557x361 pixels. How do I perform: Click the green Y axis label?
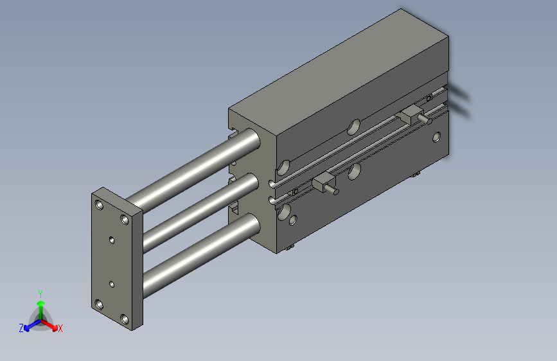(x=40, y=294)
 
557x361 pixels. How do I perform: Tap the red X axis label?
(x=60, y=329)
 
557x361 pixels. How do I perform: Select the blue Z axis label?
(x=21, y=328)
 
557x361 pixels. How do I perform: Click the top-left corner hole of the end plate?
(x=99, y=205)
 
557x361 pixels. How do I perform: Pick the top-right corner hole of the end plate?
(x=125, y=220)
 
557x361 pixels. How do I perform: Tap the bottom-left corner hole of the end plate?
(x=99, y=304)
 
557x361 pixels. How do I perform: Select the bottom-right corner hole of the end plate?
(x=125, y=319)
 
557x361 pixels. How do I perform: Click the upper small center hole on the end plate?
(x=112, y=240)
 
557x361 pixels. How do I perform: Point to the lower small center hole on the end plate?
(x=112, y=285)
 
